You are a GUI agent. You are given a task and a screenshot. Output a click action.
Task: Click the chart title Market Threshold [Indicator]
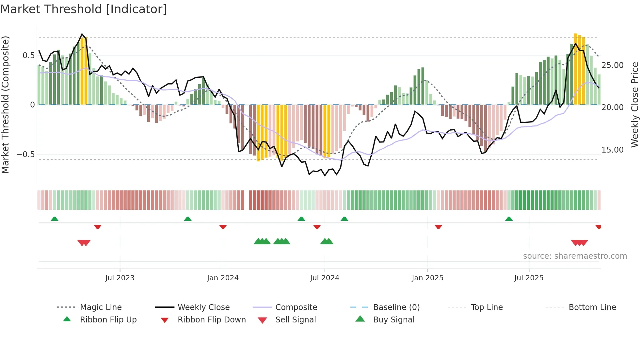click(84, 9)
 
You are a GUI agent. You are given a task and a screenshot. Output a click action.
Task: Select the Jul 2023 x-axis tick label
click(120, 278)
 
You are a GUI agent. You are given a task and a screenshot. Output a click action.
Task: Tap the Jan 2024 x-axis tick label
click(223, 278)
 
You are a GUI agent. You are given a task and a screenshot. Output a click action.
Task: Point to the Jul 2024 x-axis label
click(325, 278)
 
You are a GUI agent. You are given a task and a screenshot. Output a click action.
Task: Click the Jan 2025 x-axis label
click(427, 278)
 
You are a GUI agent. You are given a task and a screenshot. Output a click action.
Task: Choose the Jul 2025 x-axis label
click(529, 278)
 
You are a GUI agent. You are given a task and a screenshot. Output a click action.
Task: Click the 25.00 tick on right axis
click(613, 65)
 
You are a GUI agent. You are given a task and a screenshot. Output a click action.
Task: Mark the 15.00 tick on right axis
click(613, 150)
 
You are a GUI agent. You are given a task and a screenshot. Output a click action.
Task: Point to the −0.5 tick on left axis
click(26, 155)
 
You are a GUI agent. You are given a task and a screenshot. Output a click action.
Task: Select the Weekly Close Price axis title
click(634, 105)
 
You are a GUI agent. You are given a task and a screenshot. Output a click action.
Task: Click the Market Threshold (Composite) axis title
click(5, 105)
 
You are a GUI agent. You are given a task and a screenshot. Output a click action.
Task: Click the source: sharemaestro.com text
click(575, 256)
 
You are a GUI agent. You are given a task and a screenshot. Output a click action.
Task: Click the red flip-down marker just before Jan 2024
click(223, 227)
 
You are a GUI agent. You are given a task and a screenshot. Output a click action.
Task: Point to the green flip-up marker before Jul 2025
click(509, 219)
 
